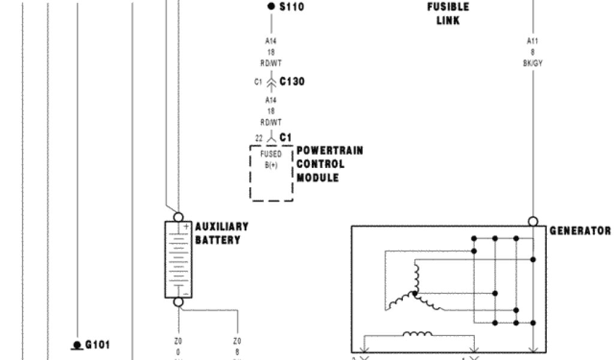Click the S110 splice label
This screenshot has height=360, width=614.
pos(292,7)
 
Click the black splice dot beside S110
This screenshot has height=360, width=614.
pos(271,7)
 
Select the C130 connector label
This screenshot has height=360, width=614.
pos(292,82)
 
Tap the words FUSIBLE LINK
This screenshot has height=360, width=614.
pos(448,14)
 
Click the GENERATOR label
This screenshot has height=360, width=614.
pos(580,231)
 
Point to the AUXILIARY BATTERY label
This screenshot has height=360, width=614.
pos(221,233)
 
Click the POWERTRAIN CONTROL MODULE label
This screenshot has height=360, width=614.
pos(329,164)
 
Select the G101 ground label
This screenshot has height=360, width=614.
pos(98,345)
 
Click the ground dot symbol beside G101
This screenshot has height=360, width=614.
pos(77,345)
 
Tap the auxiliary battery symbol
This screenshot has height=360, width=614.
pos(178,259)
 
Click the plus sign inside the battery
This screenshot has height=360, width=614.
pos(186,227)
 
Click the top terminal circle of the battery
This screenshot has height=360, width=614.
pos(178,217)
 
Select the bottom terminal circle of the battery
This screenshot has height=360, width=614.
pos(178,302)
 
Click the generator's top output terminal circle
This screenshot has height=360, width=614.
pos(532,221)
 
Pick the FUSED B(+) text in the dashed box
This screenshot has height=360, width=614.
pos(271,160)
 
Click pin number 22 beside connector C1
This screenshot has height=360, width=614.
pos(259,138)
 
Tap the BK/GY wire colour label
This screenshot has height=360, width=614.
pos(532,63)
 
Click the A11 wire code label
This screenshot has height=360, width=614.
pos(532,41)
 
